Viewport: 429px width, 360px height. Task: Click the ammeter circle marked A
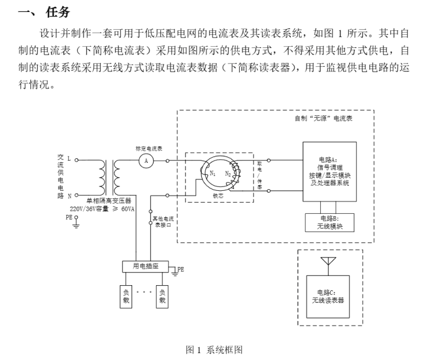pyautogui.click(x=146, y=161)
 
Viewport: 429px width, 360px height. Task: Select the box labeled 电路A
pyautogui.click(x=329, y=171)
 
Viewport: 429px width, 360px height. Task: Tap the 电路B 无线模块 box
pyautogui.click(x=329, y=222)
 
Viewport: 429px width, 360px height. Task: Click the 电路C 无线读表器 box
pyautogui.click(x=328, y=297)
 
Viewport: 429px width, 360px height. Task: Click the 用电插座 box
pyautogui.click(x=145, y=266)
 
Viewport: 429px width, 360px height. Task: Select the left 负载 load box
pyautogui.click(x=126, y=297)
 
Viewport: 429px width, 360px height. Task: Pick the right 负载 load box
pyautogui.click(x=162, y=297)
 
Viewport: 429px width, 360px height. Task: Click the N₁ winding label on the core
pyautogui.click(x=213, y=173)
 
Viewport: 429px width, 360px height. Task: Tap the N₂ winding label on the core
pyautogui.click(x=228, y=174)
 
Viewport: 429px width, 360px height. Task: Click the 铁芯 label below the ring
pyautogui.click(x=218, y=196)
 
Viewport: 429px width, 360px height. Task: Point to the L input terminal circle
pyautogui.click(x=77, y=160)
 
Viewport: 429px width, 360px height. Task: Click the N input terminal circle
pyautogui.click(x=77, y=195)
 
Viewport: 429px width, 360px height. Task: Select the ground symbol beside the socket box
pyautogui.click(x=175, y=273)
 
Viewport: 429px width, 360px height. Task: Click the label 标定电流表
pyautogui.click(x=149, y=149)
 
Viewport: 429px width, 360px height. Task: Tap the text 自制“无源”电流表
pyautogui.click(x=323, y=118)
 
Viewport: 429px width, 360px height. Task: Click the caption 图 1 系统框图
pyautogui.click(x=214, y=350)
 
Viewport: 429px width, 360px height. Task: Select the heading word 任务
pyautogui.click(x=58, y=13)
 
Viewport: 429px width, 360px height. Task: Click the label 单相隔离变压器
pyautogui.click(x=109, y=201)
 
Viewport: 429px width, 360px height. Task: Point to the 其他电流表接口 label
pyautogui.click(x=163, y=222)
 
